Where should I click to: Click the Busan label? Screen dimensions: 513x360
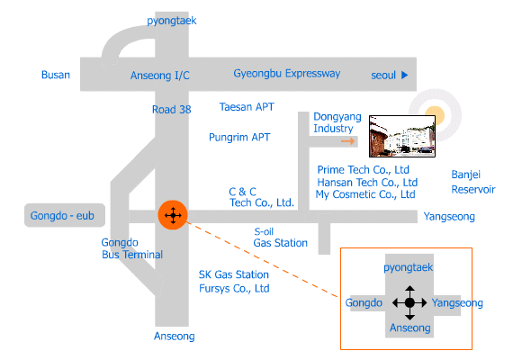[x=56, y=75]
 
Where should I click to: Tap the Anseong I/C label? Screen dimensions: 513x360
[x=159, y=76]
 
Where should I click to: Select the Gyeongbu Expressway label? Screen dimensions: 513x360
[x=286, y=74]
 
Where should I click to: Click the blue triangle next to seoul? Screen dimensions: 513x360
[x=405, y=76]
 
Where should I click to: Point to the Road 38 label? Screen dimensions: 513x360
[x=171, y=109]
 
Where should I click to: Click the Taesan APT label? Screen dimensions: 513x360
[x=247, y=107]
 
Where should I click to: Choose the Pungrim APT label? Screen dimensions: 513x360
[x=239, y=138]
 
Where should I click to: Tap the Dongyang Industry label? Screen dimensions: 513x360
[x=337, y=122]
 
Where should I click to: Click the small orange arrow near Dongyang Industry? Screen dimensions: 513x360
[x=347, y=141]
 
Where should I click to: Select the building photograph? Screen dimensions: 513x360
[x=402, y=136]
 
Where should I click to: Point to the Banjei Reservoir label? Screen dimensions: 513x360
[x=473, y=182]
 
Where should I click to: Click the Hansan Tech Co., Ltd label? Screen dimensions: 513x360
[x=367, y=183]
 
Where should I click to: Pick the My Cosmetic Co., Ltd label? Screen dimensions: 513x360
[x=365, y=194]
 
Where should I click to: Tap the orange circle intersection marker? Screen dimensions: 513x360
[x=173, y=215]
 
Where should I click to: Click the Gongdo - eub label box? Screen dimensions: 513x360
[x=65, y=215]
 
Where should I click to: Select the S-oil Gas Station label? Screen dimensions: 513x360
[x=281, y=238]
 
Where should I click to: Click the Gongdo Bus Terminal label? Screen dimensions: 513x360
[x=131, y=248]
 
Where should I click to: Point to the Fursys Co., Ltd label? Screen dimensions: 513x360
[x=234, y=289]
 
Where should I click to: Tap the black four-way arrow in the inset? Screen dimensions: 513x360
[x=409, y=302]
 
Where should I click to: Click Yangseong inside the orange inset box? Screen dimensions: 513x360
[x=457, y=303]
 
